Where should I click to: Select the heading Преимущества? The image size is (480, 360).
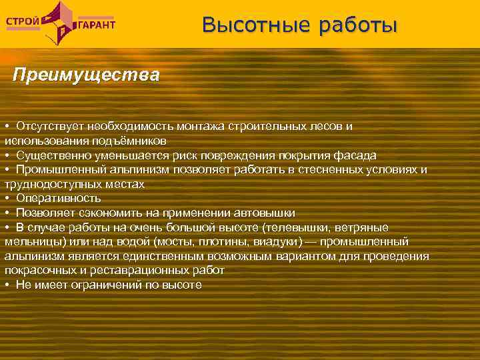pos(86,74)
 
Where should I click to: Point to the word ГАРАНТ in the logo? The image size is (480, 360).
pos(97,25)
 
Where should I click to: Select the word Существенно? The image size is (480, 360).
pos(48,155)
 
